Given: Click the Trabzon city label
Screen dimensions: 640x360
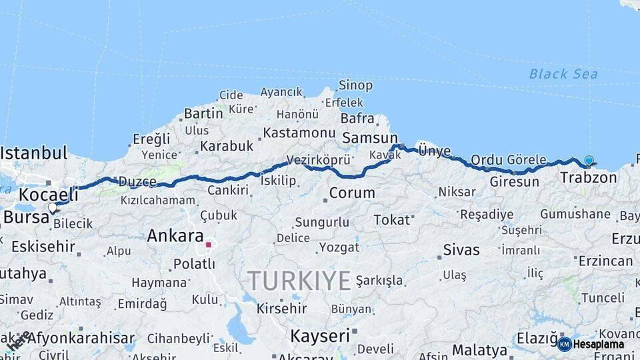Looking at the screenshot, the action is coord(588,177).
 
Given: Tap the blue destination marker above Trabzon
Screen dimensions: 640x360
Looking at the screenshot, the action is coord(589,160).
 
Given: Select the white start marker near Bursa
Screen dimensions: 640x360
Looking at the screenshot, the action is coord(53,207).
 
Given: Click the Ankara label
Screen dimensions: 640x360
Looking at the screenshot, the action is coord(175,235).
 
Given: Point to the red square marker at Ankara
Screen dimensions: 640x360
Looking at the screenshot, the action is coord(208,245).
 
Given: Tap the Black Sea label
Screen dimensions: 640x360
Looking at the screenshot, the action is coord(563,74).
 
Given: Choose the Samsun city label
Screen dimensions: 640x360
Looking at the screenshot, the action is coord(369,138).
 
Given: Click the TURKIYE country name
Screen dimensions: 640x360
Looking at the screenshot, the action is coord(299,281).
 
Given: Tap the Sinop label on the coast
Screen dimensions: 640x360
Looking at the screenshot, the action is coord(355,85).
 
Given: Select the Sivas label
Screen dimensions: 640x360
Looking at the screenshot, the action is coord(461,250).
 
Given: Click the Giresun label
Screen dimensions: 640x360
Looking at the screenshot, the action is coord(514,181).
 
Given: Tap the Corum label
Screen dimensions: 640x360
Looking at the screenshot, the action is coord(352,193).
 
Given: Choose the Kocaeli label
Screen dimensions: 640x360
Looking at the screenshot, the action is coord(49,195).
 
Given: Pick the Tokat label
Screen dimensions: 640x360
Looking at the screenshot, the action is coord(391,219).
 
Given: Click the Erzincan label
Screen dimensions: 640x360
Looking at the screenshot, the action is coord(605,261).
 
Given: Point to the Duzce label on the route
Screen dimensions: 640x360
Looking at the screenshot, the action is coord(136,181).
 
